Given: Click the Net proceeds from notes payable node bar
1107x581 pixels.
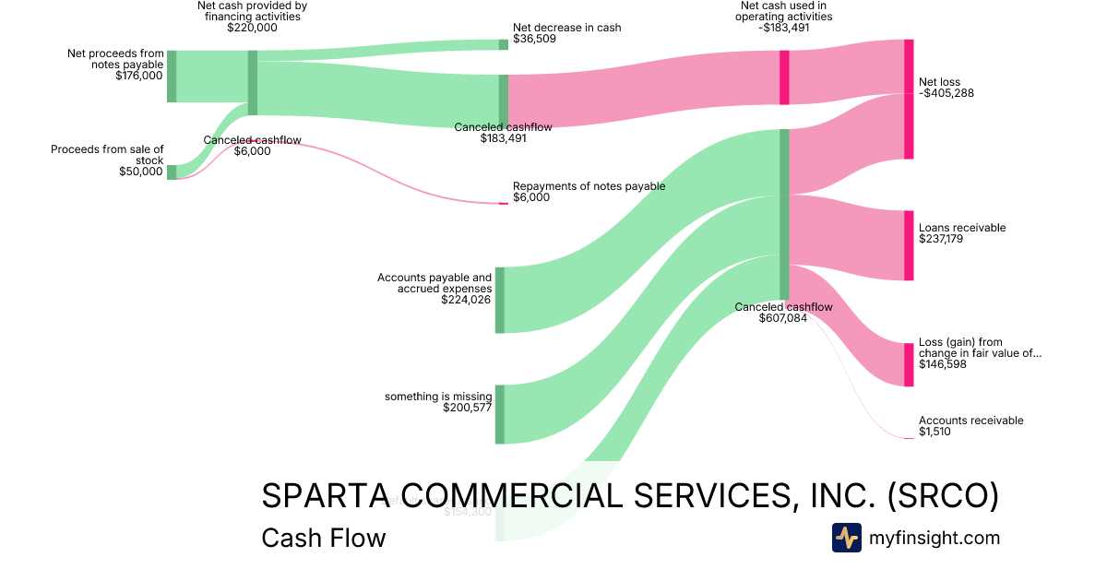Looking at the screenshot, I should (172, 77).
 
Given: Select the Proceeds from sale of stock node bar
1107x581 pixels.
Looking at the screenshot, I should (172, 172).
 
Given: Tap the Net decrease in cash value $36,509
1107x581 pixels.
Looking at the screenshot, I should (534, 40).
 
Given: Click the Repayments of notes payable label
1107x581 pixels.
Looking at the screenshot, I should (589, 185).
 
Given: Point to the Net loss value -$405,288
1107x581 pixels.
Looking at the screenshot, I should (946, 93).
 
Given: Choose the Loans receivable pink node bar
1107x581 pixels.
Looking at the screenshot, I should (909, 245).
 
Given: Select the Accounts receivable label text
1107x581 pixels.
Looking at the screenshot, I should (970, 421).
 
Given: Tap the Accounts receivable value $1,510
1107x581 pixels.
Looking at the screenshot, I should (934, 432).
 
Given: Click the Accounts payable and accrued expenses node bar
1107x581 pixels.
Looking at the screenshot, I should (500, 300).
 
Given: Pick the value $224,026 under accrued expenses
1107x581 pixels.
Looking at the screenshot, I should (466, 299).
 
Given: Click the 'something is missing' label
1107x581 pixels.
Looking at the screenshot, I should (438, 397).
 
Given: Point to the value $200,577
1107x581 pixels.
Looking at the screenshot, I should (467, 408).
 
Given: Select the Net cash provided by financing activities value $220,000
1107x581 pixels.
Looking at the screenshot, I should (252, 28).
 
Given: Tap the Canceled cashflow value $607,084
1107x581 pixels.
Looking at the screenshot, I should (783, 318).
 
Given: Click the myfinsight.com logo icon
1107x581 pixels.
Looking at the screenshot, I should (846, 538).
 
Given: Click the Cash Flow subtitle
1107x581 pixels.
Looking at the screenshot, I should (323, 538).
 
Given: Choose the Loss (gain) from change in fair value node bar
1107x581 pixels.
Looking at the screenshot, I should (909, 365).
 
